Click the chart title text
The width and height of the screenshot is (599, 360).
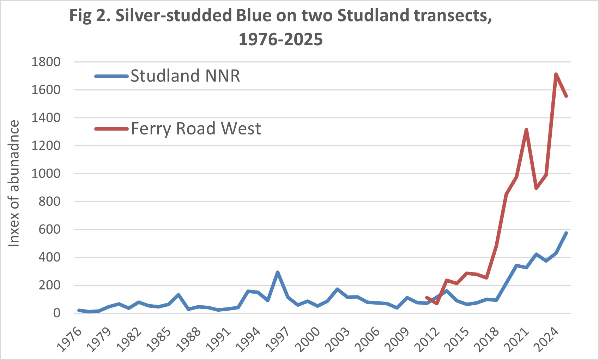pos(280,27)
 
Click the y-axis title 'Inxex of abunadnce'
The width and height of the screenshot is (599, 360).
pos(14,184)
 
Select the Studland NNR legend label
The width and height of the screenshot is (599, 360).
pos(185,76)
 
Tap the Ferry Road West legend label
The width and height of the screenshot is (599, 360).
pos(196,128)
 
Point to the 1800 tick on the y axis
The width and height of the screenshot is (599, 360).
pos(46,62)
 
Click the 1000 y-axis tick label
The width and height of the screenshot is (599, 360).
pos(46,174)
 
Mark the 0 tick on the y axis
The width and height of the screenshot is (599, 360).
pos(56,313)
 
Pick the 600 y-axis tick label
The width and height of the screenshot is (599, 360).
pos(49,229)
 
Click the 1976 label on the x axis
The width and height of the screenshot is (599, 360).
pos(69,340)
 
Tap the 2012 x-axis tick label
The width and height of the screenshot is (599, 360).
pos(427,340)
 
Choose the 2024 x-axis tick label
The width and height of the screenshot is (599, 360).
pos(546,340)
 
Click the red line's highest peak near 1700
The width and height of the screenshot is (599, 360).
pos(556,74)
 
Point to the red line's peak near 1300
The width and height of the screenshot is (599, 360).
pos(526,130)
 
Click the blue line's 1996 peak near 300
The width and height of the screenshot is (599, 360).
pos(278,272)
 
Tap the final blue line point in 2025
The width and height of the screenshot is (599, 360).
pos(566,233)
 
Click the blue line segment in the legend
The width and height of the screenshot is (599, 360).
pos(111,76)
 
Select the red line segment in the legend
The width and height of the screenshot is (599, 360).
pos(111,129)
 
